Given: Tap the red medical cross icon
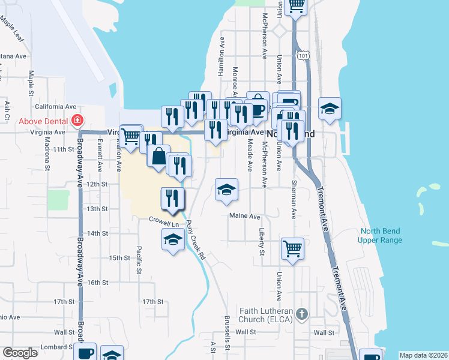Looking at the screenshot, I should (77, 120).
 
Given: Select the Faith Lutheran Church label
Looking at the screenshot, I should (266, 315).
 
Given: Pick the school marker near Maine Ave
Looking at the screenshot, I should (226, 190).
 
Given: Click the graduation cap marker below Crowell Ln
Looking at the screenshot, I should (173, 240).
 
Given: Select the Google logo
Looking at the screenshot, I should (20, 353).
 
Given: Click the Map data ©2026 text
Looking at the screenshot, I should (423, 355).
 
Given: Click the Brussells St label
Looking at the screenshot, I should (227, 333).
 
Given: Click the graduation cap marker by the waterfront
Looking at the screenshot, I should (329, 109).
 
